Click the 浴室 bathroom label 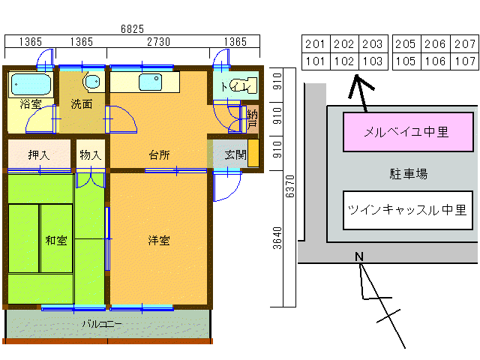coord(31,104)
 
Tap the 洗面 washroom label coord(82,104)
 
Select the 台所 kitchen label coord(158,155)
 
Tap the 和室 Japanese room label coord(56,241)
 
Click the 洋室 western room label coord(158,241)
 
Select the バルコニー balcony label coord(101,325)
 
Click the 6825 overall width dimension coord(133,29)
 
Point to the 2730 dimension coord(158,42)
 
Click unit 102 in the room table coord(343,61)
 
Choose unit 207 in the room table coord(465,44)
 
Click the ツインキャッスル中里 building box coord(407,211)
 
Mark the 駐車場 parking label coord(408,174)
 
